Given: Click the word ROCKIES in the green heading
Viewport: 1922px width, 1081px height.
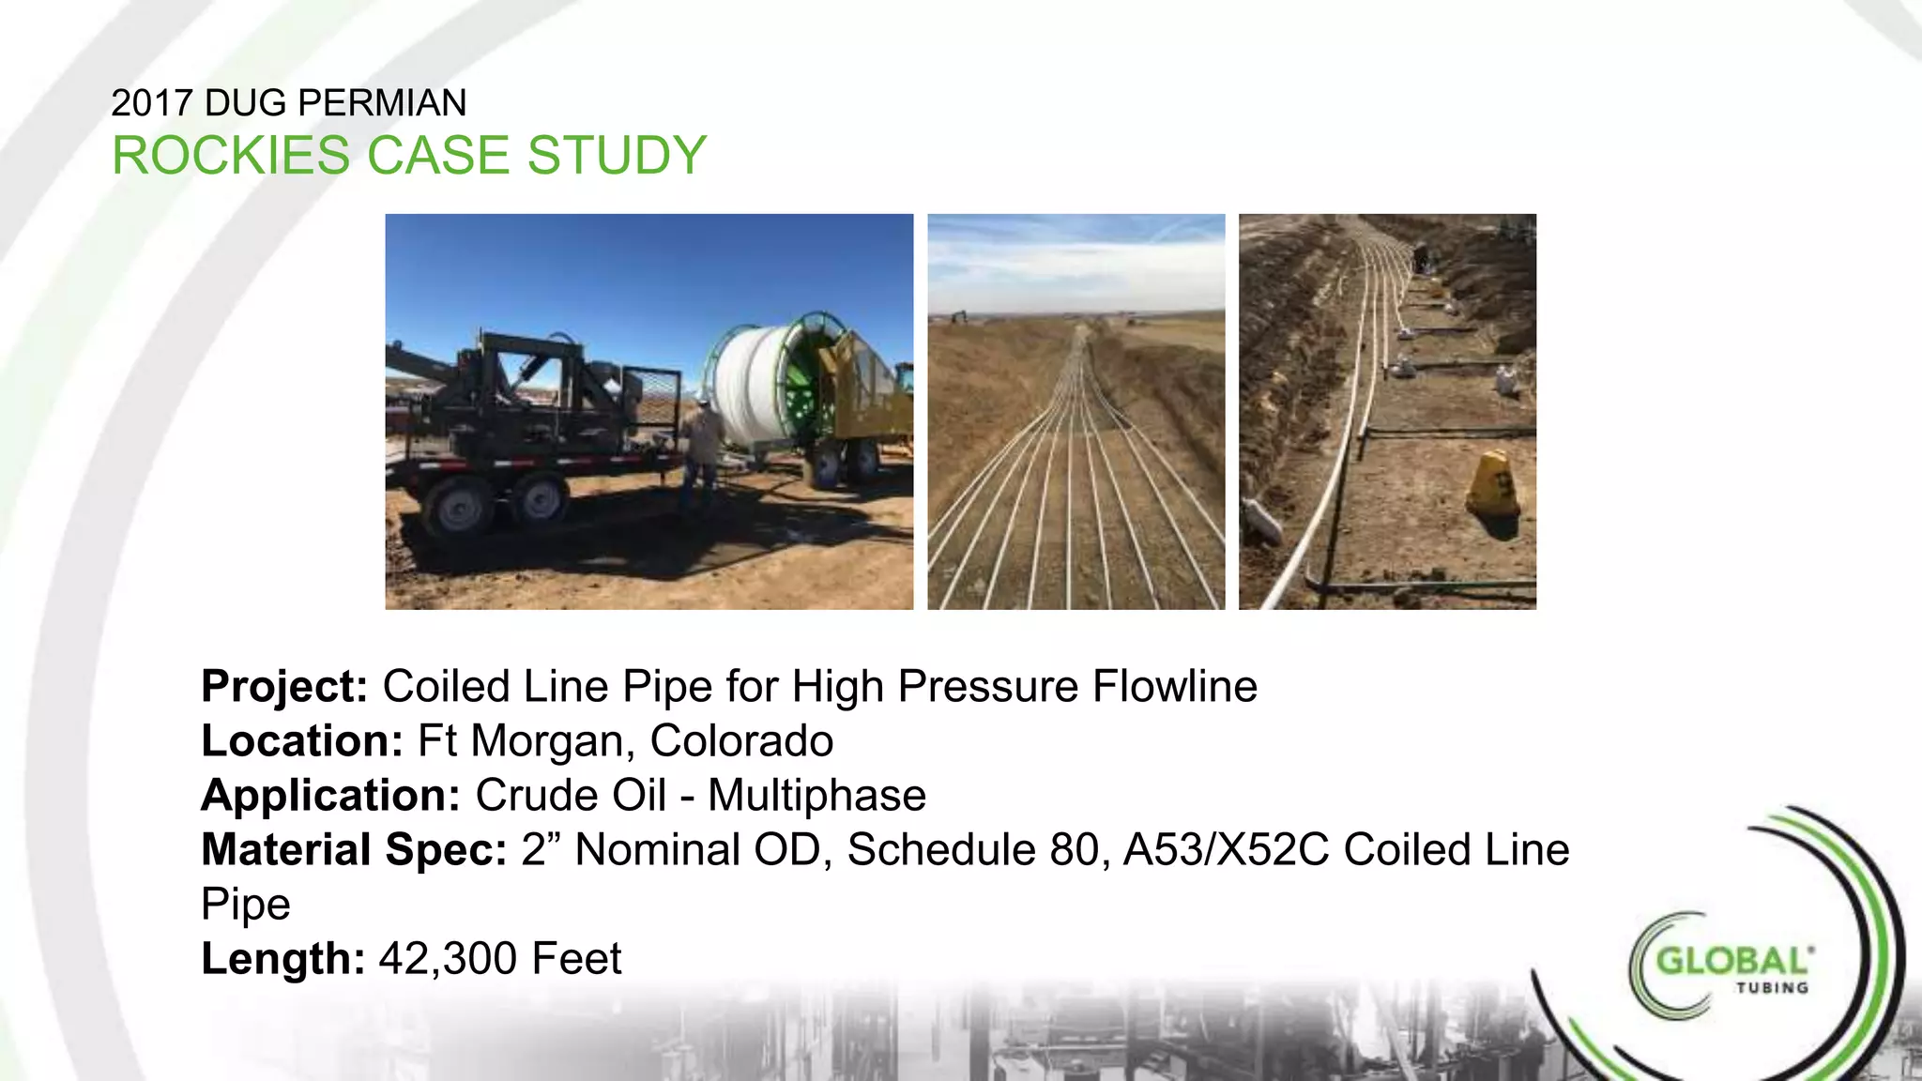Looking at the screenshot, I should [x=230, y=156].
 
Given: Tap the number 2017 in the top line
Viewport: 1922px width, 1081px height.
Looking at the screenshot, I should [x=152, y=103].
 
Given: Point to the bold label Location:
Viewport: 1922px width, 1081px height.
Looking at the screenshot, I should [x=302, y=741].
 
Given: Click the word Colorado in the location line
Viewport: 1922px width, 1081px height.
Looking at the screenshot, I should [x=741, y=741].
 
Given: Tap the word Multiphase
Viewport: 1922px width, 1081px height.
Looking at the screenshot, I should [x=816, y=796].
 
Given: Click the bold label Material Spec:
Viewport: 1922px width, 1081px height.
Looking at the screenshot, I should [x=354, y=850].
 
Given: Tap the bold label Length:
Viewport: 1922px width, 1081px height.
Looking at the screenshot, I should [x=282, y=959].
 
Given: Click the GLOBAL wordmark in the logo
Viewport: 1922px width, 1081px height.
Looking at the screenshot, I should [x=1732, y=961].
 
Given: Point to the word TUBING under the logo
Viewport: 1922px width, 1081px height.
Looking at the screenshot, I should [x=1772, y=988].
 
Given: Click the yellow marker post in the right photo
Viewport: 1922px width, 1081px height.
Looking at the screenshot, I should [x=1494, y=484].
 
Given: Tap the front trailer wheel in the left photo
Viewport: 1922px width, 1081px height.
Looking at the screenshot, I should [x=459, y=508].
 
